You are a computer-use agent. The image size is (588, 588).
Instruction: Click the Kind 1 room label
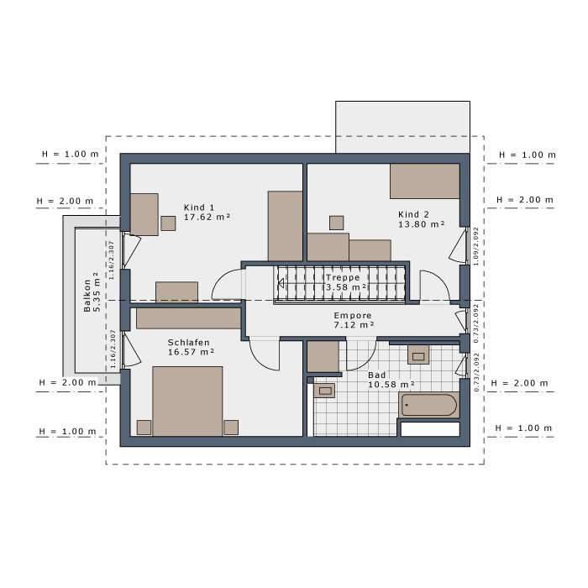pos(199,207)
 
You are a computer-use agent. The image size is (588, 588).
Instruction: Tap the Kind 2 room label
pos(413,213)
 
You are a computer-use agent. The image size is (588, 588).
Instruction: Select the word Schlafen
pos(188,343)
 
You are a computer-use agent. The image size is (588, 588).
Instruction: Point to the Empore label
pos(353,314)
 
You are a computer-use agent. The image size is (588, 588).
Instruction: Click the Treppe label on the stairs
pos(343,277)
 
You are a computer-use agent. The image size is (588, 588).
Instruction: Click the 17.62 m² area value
pos(207,217)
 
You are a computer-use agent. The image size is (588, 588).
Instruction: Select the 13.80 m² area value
pos(421,224)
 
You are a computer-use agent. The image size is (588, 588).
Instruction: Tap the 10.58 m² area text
pos(391,386)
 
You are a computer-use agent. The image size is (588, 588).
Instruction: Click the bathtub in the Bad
pos(428,406)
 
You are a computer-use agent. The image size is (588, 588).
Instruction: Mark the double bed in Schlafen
pos(187,401)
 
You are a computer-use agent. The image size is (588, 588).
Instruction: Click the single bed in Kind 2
pos(424,181)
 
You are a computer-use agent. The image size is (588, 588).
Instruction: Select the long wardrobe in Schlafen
pos(189,318)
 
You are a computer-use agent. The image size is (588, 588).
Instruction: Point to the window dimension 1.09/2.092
pos(475,246)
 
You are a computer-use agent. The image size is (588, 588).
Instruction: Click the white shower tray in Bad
pos(429,428)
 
